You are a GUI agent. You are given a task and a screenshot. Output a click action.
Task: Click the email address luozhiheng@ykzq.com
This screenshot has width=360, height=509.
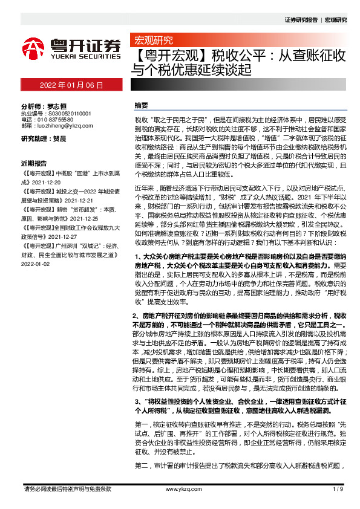(x=64, y=126)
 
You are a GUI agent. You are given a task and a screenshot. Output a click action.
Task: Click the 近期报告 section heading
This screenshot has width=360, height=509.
(x=34, y=163)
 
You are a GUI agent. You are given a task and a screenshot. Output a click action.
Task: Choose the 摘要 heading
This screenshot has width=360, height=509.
(x=141, y=105)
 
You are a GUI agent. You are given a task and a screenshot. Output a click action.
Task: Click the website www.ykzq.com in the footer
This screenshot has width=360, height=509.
(x=180, y=489)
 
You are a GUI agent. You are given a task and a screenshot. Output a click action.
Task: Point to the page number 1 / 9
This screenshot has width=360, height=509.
(x=338, y=489)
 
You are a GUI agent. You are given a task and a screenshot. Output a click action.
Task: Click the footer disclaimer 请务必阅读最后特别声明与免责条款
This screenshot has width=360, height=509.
(x=67, y=489)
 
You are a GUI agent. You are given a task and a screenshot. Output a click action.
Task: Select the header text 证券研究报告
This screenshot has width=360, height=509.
(x=301, y=20)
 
